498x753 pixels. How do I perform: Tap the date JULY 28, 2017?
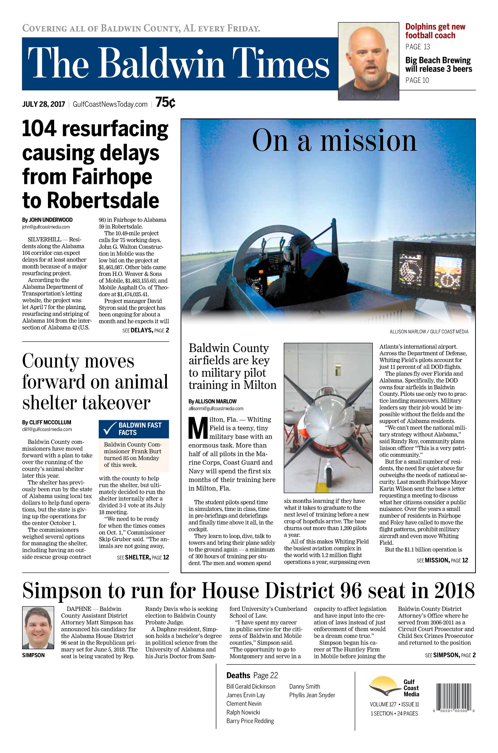click(44, 104)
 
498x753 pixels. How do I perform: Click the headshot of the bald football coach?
click(368, 61)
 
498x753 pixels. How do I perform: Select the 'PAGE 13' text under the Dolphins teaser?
click(417, 47)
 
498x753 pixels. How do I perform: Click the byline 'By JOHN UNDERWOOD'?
click(47, 220)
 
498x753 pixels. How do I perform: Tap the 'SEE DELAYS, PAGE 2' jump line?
click(145, 330)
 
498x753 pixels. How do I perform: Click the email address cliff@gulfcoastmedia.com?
click(47, 429)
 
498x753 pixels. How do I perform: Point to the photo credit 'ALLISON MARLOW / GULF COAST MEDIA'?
click(429, 332)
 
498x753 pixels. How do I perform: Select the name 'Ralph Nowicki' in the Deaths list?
click(243, 712)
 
